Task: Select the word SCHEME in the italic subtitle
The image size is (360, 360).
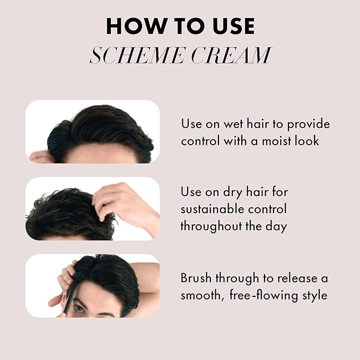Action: click(137, 55)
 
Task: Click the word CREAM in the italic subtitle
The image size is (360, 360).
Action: click(231, 55)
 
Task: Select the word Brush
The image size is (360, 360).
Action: click(196, 278)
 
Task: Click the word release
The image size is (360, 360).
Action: click(297, 278)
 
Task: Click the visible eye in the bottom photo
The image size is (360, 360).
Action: click(80, 309)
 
